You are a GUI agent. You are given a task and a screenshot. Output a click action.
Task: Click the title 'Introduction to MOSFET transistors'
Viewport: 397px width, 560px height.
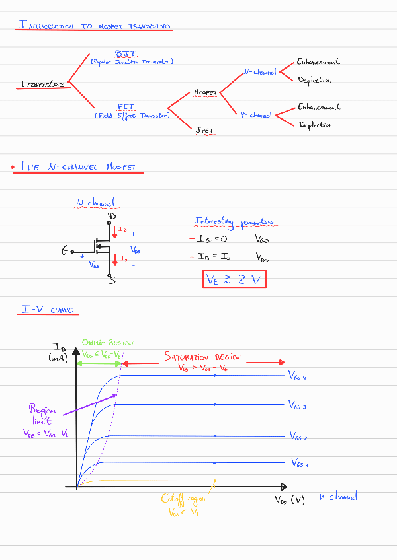tap(96, 26)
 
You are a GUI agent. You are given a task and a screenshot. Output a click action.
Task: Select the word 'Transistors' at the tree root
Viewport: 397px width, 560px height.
tap(42, 84)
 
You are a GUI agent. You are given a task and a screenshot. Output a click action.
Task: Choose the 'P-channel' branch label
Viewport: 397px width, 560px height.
tap(256, 115)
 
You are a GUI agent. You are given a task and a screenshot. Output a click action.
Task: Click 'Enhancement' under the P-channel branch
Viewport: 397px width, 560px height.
tap(319, 106)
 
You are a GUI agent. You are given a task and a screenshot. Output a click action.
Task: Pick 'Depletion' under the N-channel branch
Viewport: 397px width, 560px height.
tap(314, 80)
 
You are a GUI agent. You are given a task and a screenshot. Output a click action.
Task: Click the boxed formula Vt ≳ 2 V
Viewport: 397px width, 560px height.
tap(234, 280)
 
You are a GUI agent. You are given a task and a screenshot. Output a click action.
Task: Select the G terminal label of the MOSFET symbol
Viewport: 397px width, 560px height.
tap(65, 251)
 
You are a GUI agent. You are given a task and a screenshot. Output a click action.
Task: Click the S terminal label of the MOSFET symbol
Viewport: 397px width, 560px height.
tap(111, 280)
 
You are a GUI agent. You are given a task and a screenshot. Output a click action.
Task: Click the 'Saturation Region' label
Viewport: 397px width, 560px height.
tap(202, 357)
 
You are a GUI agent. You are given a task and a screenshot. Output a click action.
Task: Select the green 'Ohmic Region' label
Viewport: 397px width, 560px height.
tap(107, 343)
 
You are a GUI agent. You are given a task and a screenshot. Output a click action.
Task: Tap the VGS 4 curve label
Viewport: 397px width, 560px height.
tap(298, 376)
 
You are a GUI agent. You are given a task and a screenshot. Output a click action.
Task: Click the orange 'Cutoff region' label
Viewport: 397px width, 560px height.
tap(184, 499)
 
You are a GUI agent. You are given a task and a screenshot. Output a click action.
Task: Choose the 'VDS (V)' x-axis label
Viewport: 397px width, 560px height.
tap(290, 499)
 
